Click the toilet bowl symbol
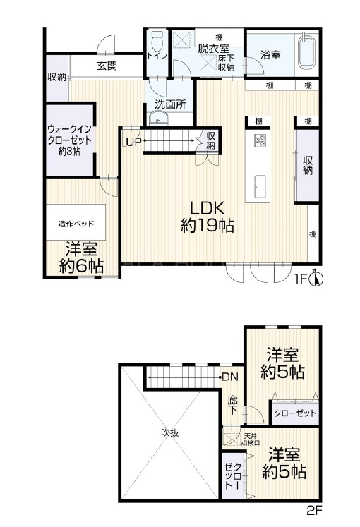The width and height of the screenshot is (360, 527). [x=157, y=40]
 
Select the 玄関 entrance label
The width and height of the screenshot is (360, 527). [x=107, y=65]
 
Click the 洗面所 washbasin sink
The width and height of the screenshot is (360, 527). [x=158, y=119]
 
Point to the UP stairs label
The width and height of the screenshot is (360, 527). [x=133, y=143]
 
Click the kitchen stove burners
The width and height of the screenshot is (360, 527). [x=260, y=140]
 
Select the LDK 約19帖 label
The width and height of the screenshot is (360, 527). [x=208, y=217]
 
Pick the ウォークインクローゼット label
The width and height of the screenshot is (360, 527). [x=70, y=140]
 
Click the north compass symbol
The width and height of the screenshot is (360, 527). [x=316, y=278]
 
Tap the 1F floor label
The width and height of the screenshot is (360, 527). [x=301, y=279]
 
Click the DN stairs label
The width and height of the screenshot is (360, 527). [x=230, y=377]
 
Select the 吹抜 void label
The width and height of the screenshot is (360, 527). [x=169, y=433]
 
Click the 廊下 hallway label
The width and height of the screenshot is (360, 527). [x=233, y=405]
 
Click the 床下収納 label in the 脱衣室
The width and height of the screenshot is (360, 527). [x=226, y=63]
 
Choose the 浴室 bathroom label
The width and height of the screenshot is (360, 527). [x=270, y=55]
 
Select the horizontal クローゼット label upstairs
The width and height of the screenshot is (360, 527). [x=295, y=413]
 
